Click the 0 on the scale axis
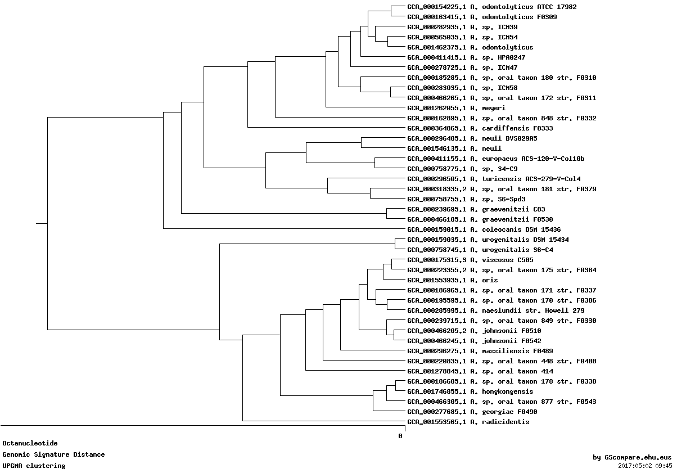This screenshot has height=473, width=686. coord(400,436)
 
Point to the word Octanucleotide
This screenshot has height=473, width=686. coord(30,443)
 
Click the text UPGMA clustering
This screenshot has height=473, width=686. coord(34,466)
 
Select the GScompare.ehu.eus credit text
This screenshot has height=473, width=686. coord(632,457)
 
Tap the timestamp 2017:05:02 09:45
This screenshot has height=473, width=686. coord(645,466)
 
